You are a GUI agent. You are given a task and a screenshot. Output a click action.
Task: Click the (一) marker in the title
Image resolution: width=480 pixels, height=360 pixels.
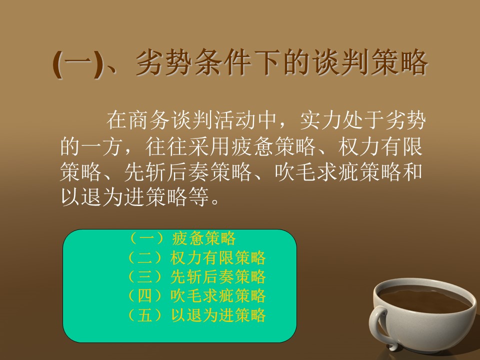pos(78,63)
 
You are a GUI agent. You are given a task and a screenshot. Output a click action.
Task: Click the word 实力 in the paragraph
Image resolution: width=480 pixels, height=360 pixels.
pos(320,120)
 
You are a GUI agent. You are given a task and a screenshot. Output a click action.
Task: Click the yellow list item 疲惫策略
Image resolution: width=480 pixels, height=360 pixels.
pos(204,238)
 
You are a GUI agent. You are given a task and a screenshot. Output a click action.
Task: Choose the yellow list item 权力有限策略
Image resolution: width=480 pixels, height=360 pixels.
pos(218,257)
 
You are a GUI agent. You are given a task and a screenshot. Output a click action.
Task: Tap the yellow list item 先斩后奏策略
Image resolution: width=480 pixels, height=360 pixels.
pos(218,276)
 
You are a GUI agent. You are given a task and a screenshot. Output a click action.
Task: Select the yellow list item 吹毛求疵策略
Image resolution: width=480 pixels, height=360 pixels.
pos(218,295)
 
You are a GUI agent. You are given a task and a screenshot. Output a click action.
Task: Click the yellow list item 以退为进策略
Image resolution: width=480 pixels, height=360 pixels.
pos(218,315)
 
